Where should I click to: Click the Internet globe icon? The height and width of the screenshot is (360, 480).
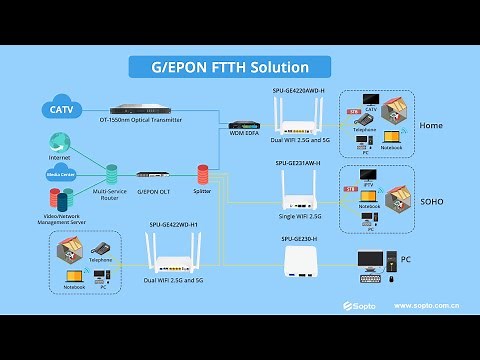(59, 142)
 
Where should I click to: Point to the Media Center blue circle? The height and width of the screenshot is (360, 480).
(60, 172)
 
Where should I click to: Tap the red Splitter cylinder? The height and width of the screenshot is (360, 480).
(202, 172)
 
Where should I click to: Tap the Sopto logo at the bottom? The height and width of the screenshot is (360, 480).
(359, 305)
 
